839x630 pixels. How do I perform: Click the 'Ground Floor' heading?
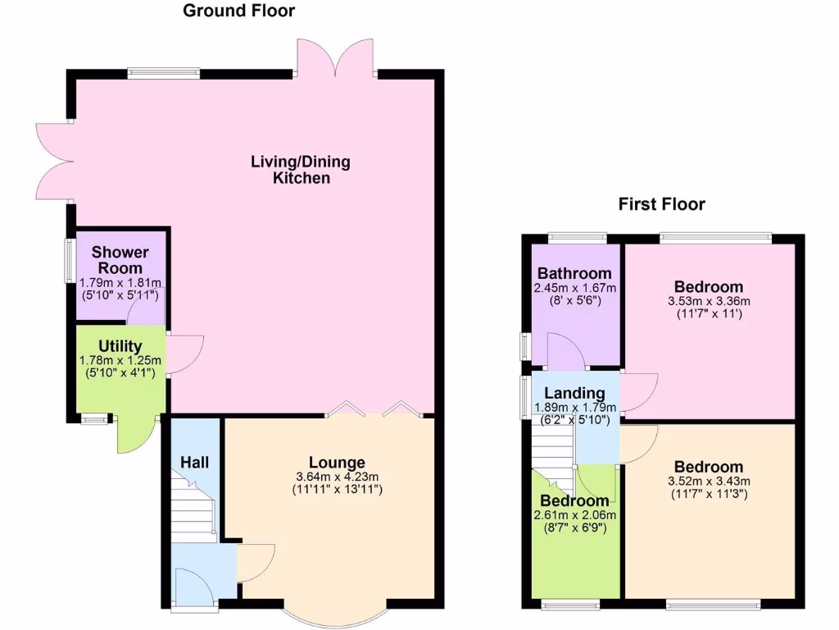click(x=238, y=11)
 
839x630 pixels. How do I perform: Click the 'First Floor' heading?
click(x=661, y=204)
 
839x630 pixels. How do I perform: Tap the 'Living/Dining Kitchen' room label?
click(x=300, y=169)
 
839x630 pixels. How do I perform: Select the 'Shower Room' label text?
click(x=120, y=259)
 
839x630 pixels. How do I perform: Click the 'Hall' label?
click(x=195, y=463)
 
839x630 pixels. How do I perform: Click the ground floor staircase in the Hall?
click(x=193, y=509)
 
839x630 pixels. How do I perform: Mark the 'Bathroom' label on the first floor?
click(x=574, y=273)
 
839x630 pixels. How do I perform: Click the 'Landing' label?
click(x=574, y=394)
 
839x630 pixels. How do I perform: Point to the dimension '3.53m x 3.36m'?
click(x=709, y=300)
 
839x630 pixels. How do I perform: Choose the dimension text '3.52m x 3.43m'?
click(x=710, y=481)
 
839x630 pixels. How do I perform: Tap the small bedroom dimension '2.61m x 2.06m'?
click(x=574, y=514)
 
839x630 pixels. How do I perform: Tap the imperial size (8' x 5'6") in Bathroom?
click(x=574, y=300)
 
